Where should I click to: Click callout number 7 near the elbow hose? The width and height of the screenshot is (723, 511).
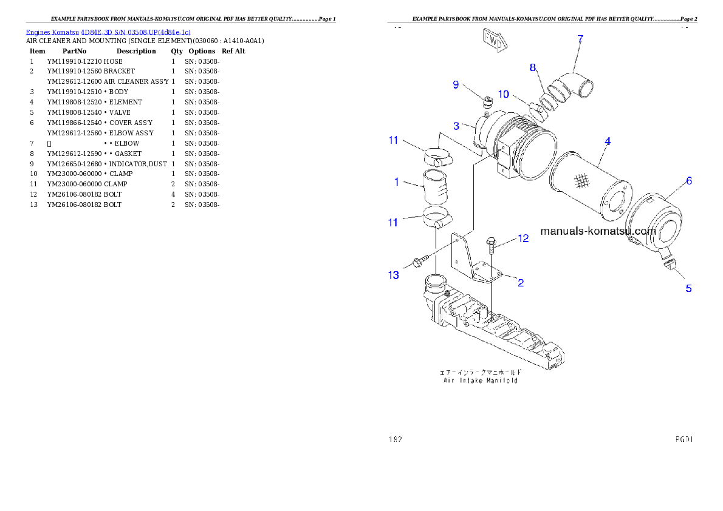tap(580, 39)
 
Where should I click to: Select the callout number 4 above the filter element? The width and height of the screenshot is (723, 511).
tap(607, 141)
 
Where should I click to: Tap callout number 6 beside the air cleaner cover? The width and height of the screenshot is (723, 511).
tap(688, 181)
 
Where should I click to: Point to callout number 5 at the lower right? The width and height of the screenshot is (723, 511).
tap(688, 288)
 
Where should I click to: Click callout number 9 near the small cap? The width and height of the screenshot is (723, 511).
tap(455, 84)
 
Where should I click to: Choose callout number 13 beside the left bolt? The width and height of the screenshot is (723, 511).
tap(394, 276)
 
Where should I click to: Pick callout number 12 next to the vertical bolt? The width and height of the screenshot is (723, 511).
tap(523, 239)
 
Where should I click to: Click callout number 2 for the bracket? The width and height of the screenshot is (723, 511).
tap(520, 282)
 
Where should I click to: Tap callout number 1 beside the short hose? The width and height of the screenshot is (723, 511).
tap(396, 181)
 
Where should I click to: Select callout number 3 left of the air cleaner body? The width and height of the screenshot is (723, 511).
tap(456, 126)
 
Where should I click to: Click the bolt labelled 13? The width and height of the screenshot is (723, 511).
tap(419, 262)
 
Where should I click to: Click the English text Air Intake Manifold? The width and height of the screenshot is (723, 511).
tap(480, 381)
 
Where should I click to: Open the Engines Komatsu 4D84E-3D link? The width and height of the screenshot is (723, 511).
tap(108, 32)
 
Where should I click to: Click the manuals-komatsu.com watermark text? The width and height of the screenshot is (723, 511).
tap(598, 231)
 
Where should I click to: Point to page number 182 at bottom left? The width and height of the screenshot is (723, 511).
tap(396, 438)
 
